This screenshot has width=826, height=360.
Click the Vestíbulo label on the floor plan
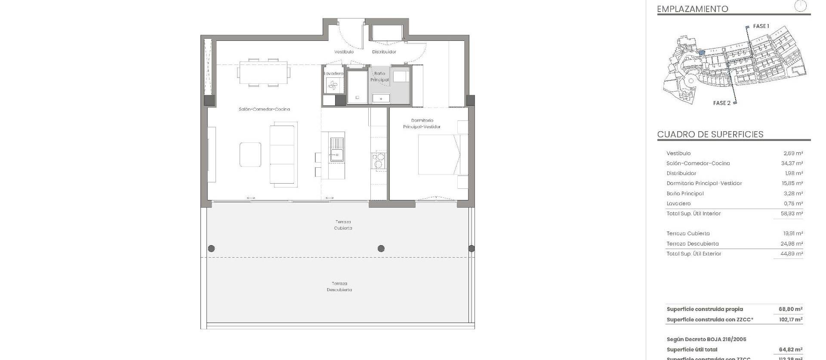[344, 52]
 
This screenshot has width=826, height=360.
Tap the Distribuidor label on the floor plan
[384, 52]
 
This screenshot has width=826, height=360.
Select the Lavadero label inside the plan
[333, 74]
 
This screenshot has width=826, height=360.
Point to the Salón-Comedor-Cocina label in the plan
[264, 109]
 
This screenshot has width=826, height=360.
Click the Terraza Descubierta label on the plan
[339, 286]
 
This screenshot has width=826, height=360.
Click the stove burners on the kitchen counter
[379, 160]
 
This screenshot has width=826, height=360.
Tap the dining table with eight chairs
[263, 72]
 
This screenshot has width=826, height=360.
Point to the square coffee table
[250, 154]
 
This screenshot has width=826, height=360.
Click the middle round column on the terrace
[381, 249]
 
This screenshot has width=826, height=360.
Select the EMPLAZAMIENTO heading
[693, 9]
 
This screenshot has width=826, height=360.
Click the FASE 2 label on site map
[721, 103]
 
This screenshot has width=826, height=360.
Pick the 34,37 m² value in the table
[792, 163]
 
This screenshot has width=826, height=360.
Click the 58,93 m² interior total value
[792, 214]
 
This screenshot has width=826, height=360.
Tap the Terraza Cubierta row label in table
[688, 234]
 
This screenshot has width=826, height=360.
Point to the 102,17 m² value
[790, 320]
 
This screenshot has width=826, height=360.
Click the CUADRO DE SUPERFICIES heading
[710, 134]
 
